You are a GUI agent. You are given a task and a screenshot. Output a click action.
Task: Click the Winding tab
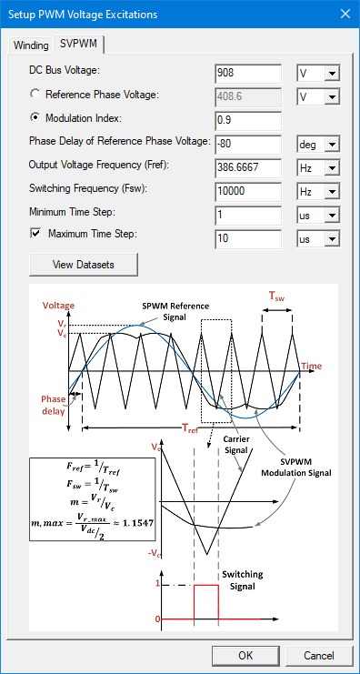point(31,45)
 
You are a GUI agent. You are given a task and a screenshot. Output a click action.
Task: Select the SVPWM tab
point(79,44)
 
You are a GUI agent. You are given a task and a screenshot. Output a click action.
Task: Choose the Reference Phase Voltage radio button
point(35,94)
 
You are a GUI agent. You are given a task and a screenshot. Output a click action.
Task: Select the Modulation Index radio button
point(35,117)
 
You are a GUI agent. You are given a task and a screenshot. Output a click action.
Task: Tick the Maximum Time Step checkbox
point(35,235)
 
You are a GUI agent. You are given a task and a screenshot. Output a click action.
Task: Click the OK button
point(245,655)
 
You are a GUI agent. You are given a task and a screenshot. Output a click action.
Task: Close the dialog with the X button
point(344,14)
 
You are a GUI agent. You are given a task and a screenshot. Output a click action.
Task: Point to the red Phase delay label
point(54,405)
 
